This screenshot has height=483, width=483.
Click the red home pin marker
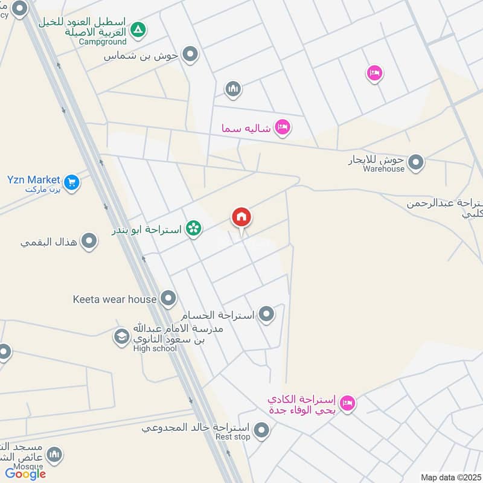point(241,217)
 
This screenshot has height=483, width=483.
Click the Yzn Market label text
point(34,179)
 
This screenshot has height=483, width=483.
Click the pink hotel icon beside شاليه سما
point(282,127)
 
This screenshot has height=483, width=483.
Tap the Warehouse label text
point(383,169)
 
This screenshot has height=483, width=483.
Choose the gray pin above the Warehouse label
point(415,162)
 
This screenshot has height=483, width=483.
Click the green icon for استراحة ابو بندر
point(193,228)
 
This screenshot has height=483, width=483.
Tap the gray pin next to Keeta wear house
point(168,298)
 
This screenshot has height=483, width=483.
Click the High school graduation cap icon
point(122,337)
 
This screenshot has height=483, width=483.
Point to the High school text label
point(155,348)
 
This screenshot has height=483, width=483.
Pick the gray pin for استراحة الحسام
point(266,314)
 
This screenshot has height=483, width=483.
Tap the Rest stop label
point(232,437)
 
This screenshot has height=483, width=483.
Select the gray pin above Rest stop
point(261,430)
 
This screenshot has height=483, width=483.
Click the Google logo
point(25,474)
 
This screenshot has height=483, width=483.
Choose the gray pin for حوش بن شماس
point(191,55)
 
